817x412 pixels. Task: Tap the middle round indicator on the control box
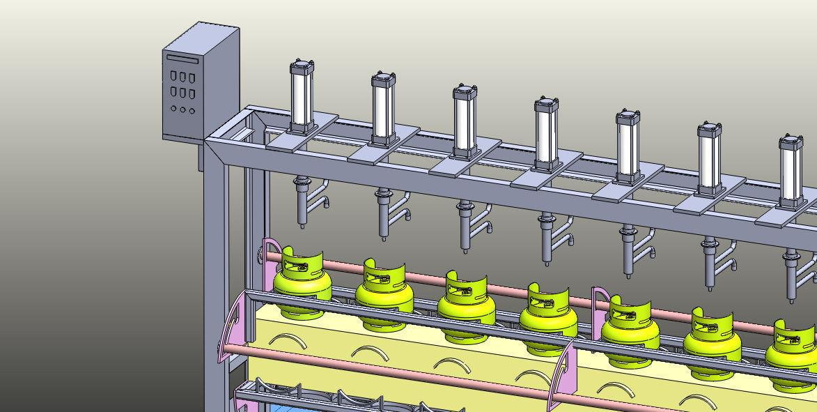tap(183, 109)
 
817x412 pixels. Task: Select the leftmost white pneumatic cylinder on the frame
tap(301, 98)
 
